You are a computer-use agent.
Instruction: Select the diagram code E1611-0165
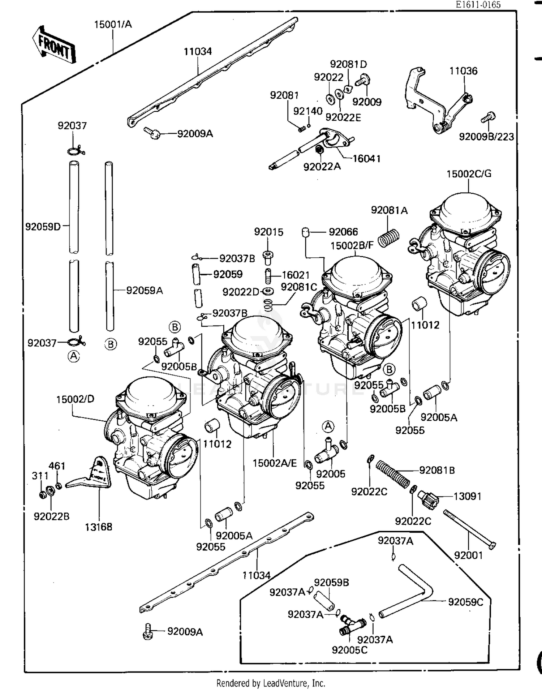pyautogui.click(x=478, y=5)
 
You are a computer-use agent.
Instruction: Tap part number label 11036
pyautogui.click(x=463, y=71)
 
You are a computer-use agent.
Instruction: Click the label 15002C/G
pyautogui.click(x=469, y=174)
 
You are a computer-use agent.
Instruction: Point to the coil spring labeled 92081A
pyautogui.click(x=388, y=238)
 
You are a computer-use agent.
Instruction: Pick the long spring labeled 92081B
pyautogui.click(x=393, y=473)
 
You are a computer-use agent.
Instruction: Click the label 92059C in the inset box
pyautogui.click(x=465, y=602)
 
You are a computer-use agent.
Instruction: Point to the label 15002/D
pyautogui.click(x=75, y=399)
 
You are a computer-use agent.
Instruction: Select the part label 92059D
pyautogui.click(x=43, y=227)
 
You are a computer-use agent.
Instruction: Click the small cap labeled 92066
pyautogui.click(x=305, y=232)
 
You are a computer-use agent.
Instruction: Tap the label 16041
pyautogui.click(x=366, y=159)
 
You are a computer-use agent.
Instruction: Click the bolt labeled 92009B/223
pyautogui.click(x=488, y=118)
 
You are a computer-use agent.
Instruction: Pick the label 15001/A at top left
pyautogui.click(x=113, y=25)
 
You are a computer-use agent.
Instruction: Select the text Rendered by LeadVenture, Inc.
pyautogui.click(x=271, y=683)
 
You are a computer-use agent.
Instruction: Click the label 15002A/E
pyautogui.click(x=275, y=463)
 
